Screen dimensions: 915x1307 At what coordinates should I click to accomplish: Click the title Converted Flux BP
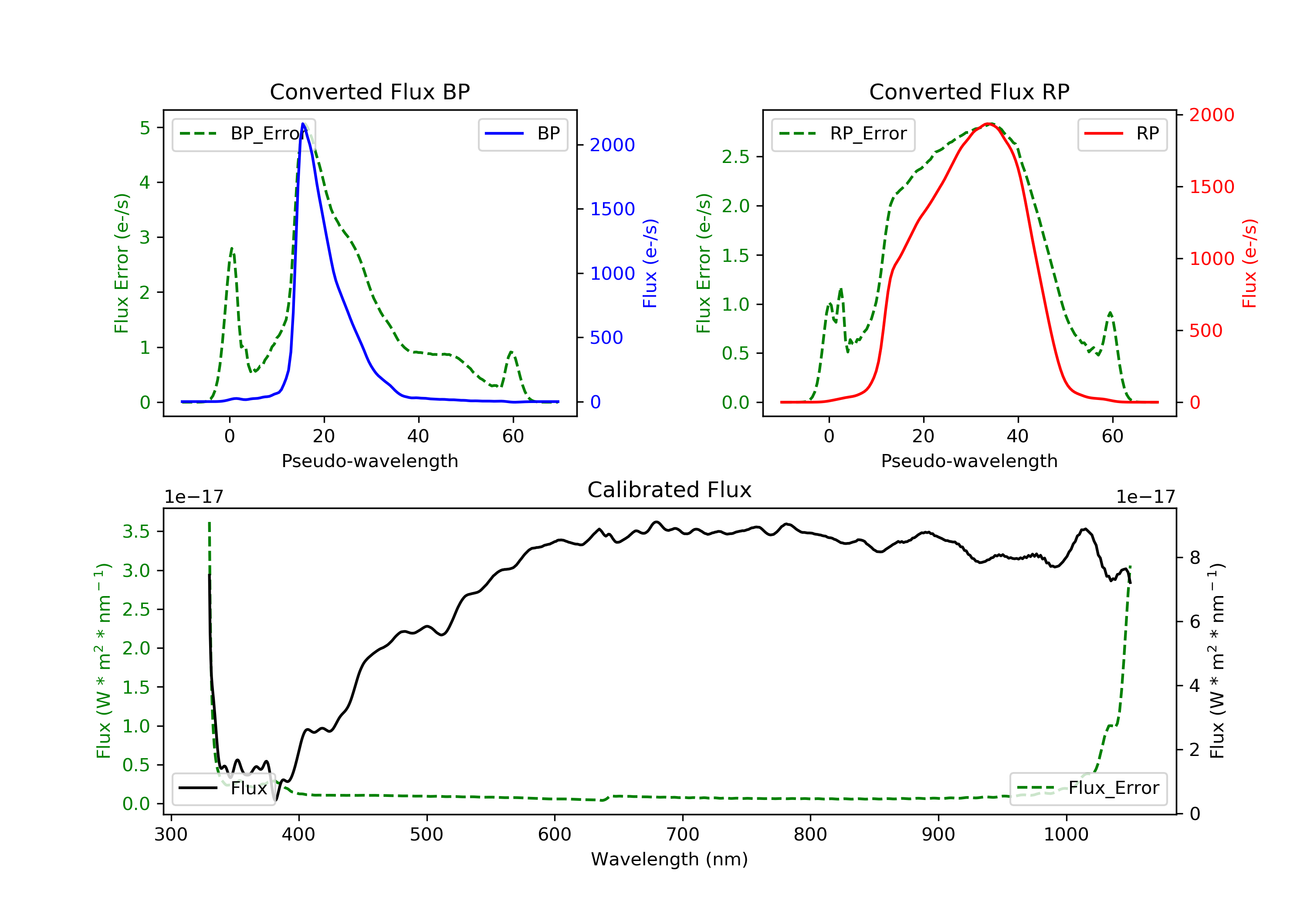(369, 91)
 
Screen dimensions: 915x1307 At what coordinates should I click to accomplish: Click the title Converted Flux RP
(969, 91)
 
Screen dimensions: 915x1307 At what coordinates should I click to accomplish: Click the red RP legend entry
(1122, 134)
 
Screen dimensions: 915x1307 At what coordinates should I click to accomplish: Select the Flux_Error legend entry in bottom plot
(1088, 788)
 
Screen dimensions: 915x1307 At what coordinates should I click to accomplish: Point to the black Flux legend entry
(223, 788)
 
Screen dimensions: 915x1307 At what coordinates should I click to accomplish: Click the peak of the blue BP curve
(303, 124)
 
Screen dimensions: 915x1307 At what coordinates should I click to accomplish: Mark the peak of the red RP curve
(991, 124)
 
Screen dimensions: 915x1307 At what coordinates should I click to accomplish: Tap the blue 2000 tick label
(612, 145)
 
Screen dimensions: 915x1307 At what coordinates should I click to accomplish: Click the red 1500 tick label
(1211, 187)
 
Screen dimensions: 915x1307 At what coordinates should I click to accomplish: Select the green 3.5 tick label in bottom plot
(136, 532)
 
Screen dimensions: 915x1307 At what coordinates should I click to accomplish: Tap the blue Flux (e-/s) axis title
(650, 263)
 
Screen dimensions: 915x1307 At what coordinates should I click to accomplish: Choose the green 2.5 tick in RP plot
(735, 157)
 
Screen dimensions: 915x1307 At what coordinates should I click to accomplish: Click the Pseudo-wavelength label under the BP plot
(369, 461)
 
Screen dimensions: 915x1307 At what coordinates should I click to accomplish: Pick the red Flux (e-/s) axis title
(1249, 263)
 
